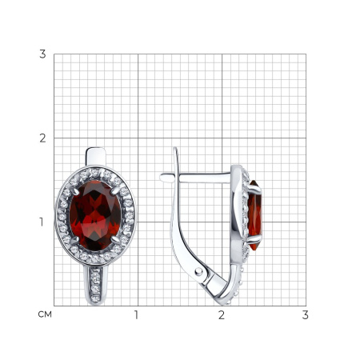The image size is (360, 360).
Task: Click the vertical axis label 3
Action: [42, 54]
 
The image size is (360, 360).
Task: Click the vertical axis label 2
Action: [42, 138]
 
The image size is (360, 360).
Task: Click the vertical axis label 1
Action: [42, 222]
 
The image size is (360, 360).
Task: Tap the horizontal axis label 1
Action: [136, 315]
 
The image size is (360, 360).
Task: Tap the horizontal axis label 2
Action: [222, 315]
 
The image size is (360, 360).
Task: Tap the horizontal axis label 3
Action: [306, 315]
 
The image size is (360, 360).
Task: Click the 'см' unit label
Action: [45, 314]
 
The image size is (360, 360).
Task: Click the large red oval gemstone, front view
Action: [95, 215]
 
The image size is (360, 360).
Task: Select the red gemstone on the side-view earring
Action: [255, 215]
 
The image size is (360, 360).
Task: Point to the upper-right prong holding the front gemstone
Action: [115, 190]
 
